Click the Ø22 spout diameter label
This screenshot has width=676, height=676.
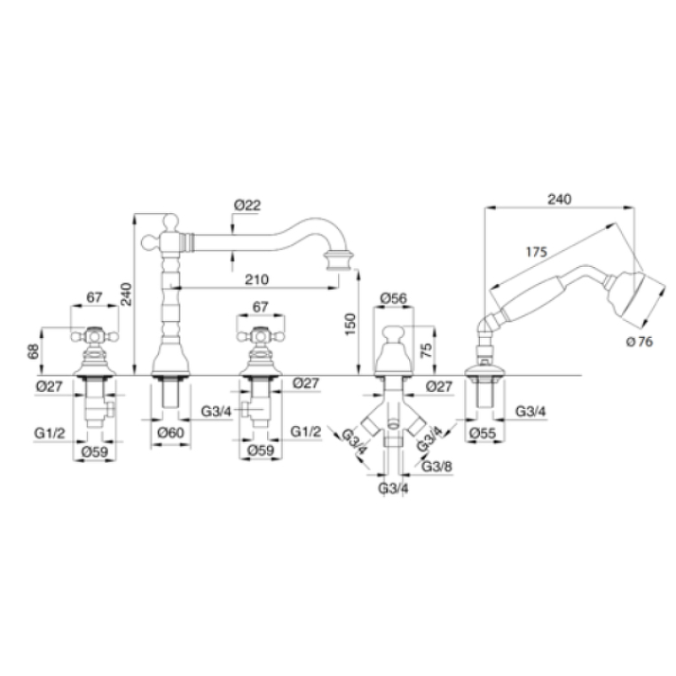coord(248,205)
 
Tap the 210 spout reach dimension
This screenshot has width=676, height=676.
coord(256,279)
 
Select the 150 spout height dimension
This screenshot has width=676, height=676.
coord(350,325)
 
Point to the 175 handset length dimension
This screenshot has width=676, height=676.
coord(537,252)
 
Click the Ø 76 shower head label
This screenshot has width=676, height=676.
coord(640,342)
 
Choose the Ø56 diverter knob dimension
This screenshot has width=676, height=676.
coord(394,298)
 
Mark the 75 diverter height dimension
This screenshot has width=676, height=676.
coord(426,350)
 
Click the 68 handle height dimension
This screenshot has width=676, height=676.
coord(33,351)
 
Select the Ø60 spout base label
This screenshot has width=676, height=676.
coord(170,432)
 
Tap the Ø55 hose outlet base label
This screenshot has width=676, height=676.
coord(483,433)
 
